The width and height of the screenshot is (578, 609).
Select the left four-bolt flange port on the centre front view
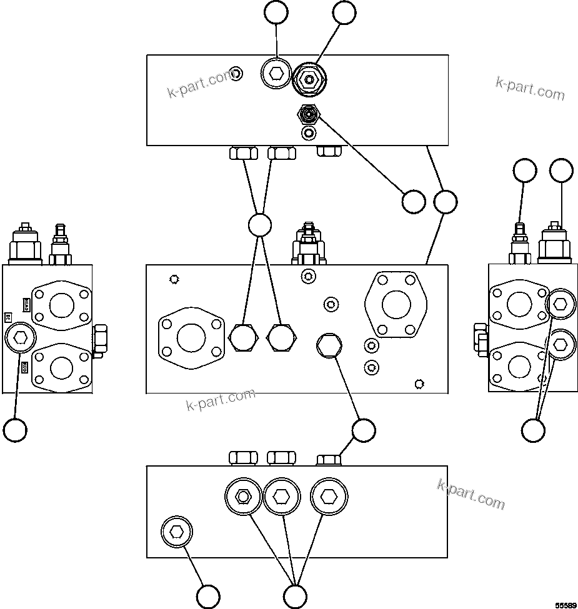pyautogui.click(x=191, y=338)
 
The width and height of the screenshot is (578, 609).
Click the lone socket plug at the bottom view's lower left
pyautogui.click(x=177, y=532)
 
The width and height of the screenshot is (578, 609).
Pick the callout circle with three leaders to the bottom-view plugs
pyautogui.click(x=295, y=595)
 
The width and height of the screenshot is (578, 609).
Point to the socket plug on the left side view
pyautogui.click(x=20, y=339)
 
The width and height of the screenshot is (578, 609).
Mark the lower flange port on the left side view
pyautogui.click(x=61, y=367)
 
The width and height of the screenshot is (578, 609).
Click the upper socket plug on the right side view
pyautogui.click(x=560, y=304)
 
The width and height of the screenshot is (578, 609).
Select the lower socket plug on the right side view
pyautogui.click(x=560, y=343)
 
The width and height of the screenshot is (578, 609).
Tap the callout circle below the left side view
pyautogui.click(x=15, y=430)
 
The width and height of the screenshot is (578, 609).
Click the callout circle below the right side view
pyautogui.click(x=533, y=430)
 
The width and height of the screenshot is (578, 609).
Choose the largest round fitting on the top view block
pyautogui.click(x=309, y=79)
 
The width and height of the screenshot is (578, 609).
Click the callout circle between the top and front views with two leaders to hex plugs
pyautogui.click(x=259, y=225)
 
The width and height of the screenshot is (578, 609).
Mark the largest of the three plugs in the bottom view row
pyautogui.click(x=329, y=497)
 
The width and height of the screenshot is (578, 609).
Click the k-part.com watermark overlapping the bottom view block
pyautogui.click(x=471, y=494)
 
